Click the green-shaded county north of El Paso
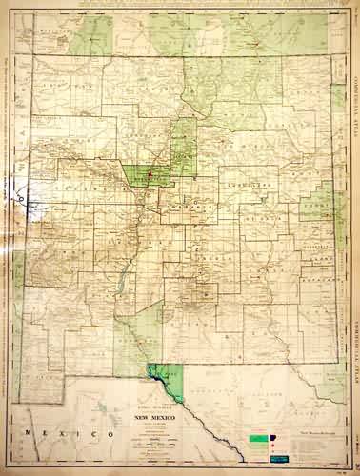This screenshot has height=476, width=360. pos(133,338)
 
